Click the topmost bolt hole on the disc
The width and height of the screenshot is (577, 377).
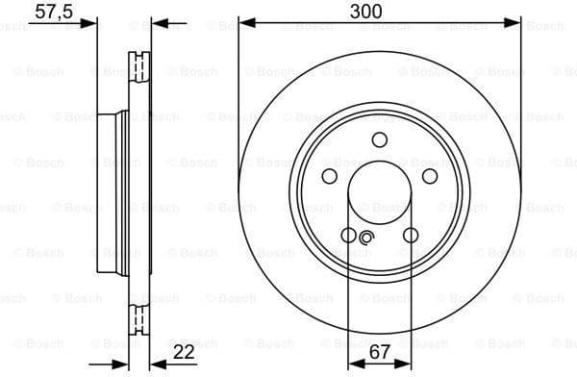point(380,141)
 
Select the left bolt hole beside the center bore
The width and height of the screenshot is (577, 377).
point(329,177)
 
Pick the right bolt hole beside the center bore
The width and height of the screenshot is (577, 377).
point(429,177)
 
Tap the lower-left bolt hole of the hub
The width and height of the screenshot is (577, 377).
point(348,236)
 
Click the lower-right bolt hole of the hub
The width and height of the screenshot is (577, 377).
point(411,236)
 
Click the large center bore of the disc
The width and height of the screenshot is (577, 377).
point(379,193)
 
